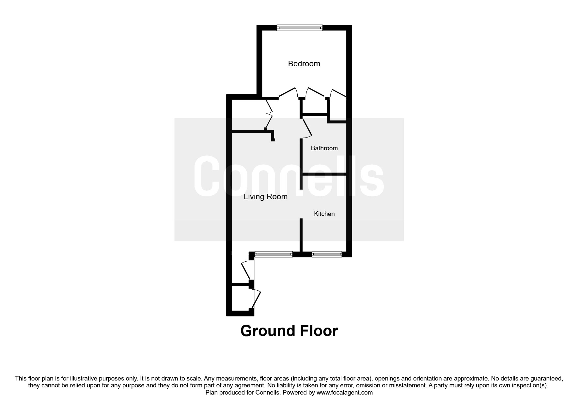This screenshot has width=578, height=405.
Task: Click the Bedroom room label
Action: point(304,64)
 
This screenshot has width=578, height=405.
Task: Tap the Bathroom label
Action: point(324,148)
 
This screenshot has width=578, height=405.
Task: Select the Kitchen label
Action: point(324,214)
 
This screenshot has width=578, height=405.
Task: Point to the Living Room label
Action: point(265,197)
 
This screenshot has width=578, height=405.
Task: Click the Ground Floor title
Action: point(289,331)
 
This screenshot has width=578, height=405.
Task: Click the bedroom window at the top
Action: point(300,28)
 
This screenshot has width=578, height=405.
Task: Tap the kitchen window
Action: point(327,254)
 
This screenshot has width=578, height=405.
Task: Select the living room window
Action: point(273,254)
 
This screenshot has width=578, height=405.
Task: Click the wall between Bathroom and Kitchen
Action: point(324,174)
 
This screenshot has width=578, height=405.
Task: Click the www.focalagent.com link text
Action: point(344,392)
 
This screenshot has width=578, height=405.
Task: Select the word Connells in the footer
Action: point(269,392)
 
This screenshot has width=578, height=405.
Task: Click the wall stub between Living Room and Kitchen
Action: point(301,235)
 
